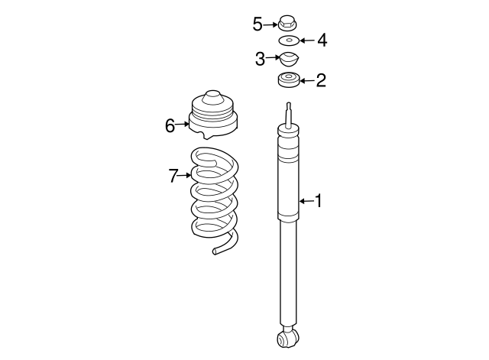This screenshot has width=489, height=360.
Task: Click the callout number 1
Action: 319,201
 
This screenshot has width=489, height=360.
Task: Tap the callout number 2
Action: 321,79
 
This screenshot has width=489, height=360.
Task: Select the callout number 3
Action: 259,59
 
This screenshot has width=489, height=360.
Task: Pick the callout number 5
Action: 257,24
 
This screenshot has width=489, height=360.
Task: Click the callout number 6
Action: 170,125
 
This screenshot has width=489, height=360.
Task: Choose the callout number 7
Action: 173,177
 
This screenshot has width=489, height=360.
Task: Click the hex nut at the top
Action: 288,23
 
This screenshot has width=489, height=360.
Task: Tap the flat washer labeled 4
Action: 288,41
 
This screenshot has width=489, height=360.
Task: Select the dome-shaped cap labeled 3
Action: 288,59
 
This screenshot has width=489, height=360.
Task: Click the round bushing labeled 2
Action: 288,79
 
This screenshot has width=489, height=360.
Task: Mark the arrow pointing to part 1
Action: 306,201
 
